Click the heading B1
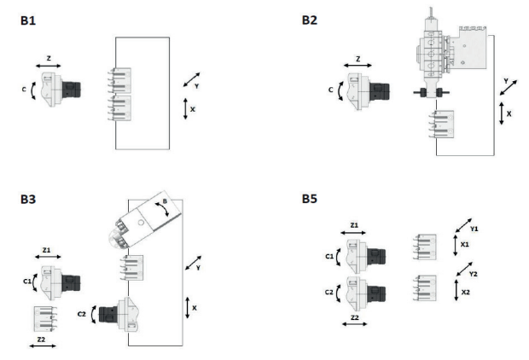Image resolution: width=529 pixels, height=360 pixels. click(x=28, y=20)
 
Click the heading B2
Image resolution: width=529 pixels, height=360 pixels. click(x=310, y=20)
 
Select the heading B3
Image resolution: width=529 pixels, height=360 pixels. click(x=28, y=199)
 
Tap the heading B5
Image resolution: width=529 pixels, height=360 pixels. click(x=310, y=199)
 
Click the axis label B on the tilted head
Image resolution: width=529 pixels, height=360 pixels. click(x=165, y=201)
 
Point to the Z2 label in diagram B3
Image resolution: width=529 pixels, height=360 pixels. click(x=41, y=339)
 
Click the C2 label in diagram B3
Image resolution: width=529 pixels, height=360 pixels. click(x=82, y=314)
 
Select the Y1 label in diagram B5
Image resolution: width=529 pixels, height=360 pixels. click(x=474, y=229)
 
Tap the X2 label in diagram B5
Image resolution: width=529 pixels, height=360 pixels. click(x=465, y=293)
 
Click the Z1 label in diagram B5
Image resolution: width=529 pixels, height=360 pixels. click(x=354, y=225)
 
